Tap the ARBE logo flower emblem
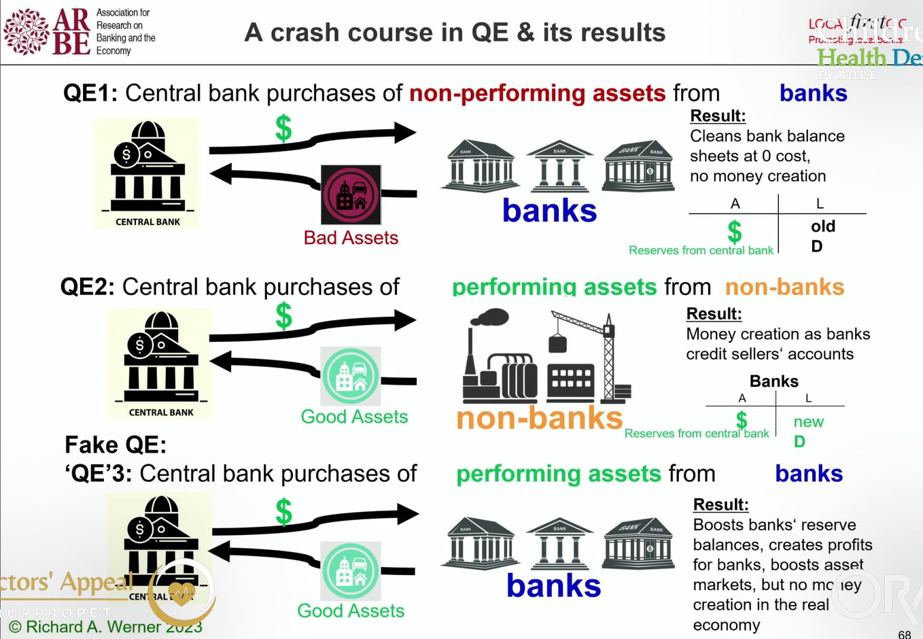tap(27, 31)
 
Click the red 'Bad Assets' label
tap(351, 238)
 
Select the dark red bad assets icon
tap(351, 195)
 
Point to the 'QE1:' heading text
tap(90, 93)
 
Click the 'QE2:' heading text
tap(88, 287)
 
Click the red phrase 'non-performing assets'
tap(537, 93)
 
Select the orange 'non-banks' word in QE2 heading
tap(784, 287)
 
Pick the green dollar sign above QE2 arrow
tap(283, 316)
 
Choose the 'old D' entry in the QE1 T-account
tap(822, 236)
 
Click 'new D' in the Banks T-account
tap(807, 431)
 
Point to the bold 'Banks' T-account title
tap(773, 381)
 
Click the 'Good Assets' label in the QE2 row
tap(354, 417)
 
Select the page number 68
tap(904, 634)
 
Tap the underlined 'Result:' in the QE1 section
tap(718, 116)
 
